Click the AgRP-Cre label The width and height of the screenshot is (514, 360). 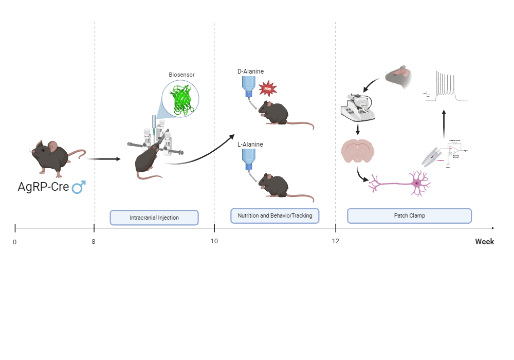[43, 187]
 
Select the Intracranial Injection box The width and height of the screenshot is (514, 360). [154, 218]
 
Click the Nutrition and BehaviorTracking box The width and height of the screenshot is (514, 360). [275, 215]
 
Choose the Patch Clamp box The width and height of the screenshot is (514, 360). [409, 215]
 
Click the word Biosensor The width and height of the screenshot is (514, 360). [181, 75]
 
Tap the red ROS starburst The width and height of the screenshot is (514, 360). [267, 89]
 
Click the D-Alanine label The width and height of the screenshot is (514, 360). [250, 71]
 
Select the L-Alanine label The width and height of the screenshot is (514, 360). [250, 145]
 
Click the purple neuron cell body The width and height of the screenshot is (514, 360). [417, 183]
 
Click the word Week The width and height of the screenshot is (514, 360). [484, 241]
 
